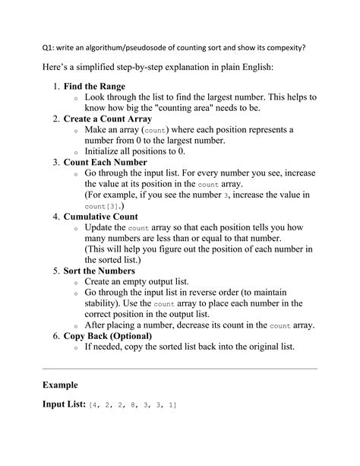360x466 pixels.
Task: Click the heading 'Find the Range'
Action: pyautogui.click(x=94, y=87)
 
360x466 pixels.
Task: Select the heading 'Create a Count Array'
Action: pyautogui.click(x=107, y=119)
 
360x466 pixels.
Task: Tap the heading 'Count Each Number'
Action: pyautogui.click(x=104, y=163)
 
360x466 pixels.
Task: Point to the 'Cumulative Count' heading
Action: pyautogui.click(x=100, y=217)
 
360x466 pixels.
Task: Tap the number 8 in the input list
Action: pyautogui.click(x=133, y=405)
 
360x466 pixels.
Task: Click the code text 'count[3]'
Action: pyautogui.click(x=101, y=206)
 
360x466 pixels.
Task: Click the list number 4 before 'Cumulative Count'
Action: pyautogui.click(x=55, y=217)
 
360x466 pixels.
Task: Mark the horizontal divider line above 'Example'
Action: pyautogui.click(x=179, y=367)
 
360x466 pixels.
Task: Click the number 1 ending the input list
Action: pyautogui.click(x=173, y=405)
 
